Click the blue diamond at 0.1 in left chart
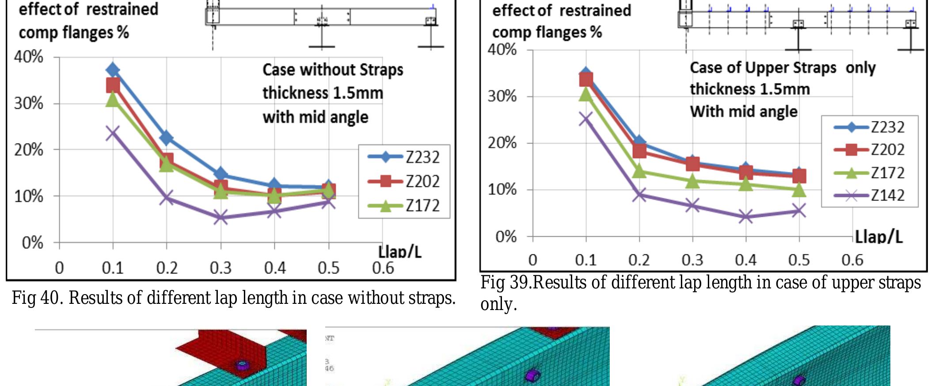coord(113,70)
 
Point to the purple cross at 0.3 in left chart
coord(220,218)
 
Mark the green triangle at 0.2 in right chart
coord(639,171)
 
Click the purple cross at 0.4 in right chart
coord(746,217)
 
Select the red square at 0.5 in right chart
coord(799,176)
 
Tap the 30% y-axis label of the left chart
coord(29,104)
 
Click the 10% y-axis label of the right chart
coord(502,190)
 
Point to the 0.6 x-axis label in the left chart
coord(383,268)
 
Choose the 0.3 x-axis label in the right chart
coord(692,260)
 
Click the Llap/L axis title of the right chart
coord(878,237)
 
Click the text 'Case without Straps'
coord(333,70)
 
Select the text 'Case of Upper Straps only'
coord(782,68)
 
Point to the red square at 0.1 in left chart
coord(113,85)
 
